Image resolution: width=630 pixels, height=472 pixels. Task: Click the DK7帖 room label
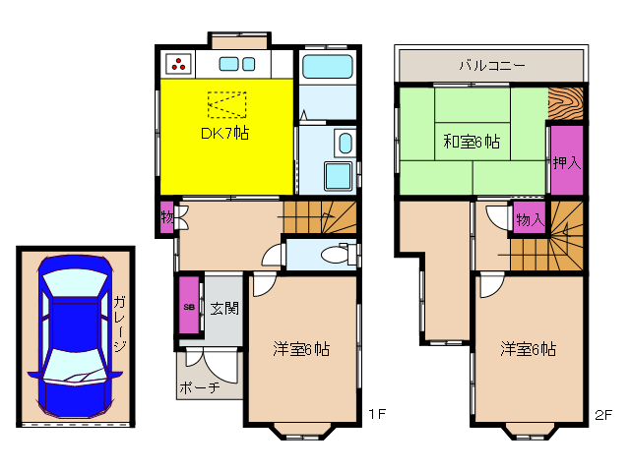tap(226, 133)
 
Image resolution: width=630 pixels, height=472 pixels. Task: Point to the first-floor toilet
tap(336, 255)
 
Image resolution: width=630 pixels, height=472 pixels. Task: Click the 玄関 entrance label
tap(223, 308)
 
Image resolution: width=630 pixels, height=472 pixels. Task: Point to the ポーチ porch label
tap(199, 387)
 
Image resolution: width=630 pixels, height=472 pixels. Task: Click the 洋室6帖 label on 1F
tap(300, 349)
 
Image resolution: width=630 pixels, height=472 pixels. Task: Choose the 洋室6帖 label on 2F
tap(528, 349)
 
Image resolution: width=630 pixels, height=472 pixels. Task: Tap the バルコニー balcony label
tap(491, 66)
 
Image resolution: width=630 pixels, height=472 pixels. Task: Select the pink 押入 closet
tap(565, 160)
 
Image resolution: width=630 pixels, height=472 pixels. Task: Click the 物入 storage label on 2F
tap(530, 220)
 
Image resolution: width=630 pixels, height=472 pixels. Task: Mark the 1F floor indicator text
tap(375, 414)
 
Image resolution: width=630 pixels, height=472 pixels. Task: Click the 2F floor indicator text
tap(602, 414)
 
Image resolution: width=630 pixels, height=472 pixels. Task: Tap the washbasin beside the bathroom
tap(342, 145)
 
